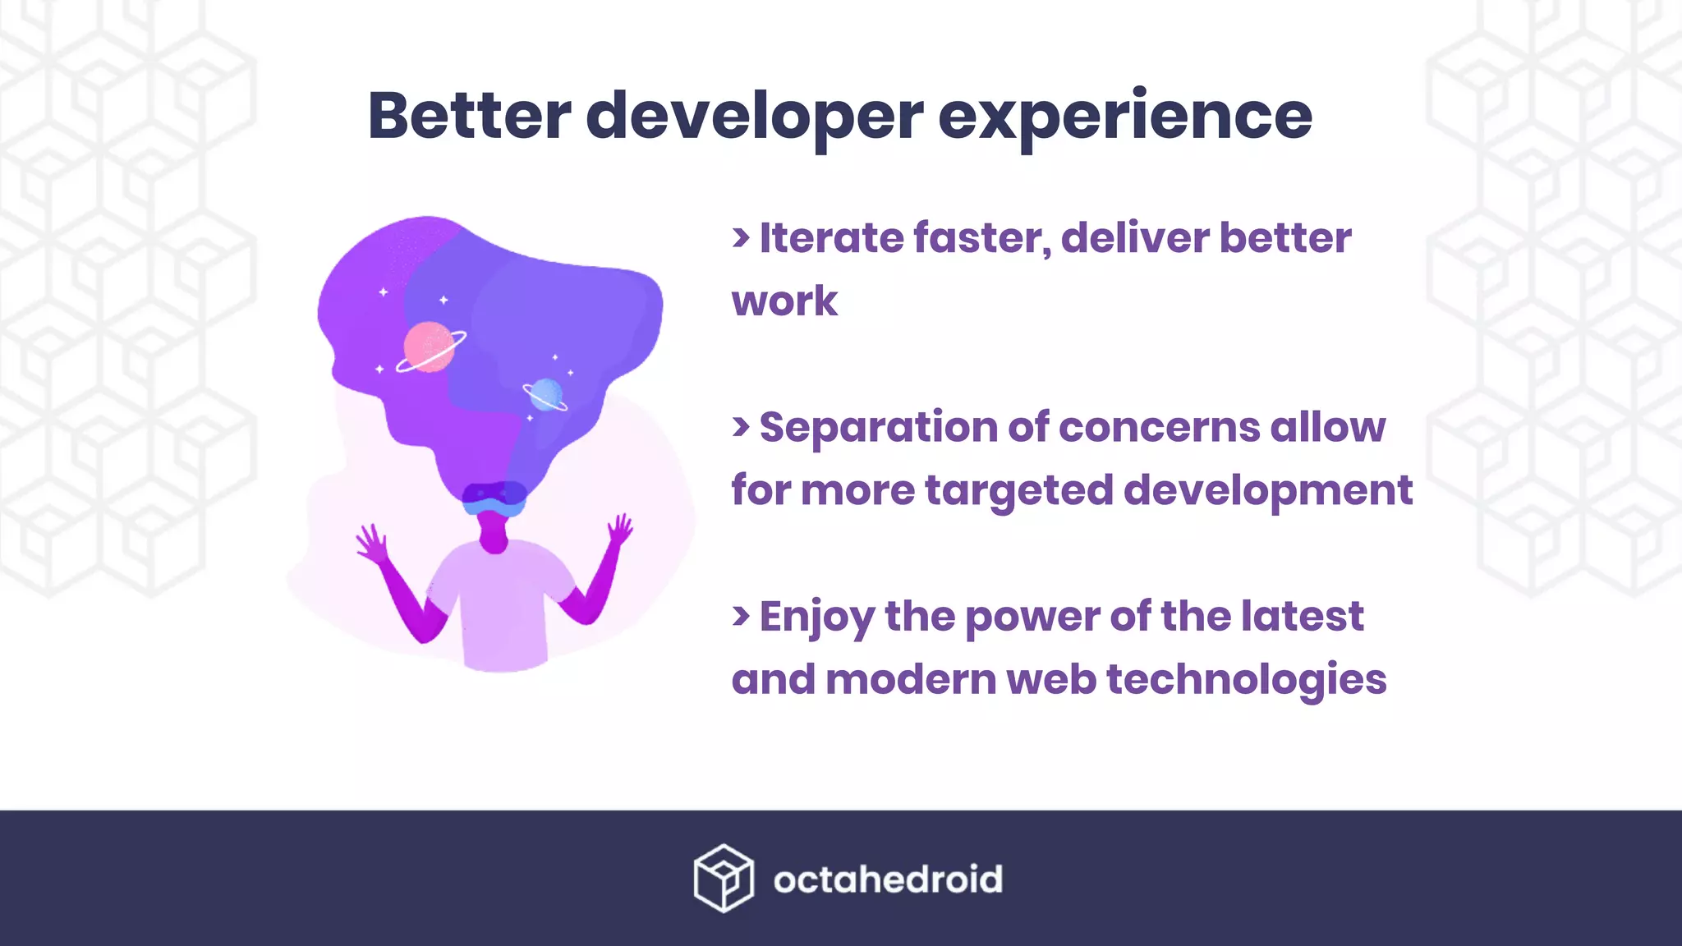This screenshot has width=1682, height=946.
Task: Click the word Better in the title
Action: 469,116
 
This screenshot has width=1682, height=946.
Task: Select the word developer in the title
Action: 754,117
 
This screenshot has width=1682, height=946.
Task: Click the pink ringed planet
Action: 430,347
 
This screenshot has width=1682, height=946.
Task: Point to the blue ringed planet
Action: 545,394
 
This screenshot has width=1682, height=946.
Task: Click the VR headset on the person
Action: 494,498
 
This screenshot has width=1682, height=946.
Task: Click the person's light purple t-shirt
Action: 501,608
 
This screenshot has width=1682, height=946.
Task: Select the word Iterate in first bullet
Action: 831,238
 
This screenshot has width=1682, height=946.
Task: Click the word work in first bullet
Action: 784,301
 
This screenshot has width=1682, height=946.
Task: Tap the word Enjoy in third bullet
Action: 816,618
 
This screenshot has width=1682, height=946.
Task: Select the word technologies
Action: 1246,680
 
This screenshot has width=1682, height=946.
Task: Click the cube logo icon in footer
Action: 723,878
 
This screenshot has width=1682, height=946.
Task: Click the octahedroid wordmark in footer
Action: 888,879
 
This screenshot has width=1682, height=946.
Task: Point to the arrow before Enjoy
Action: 741,616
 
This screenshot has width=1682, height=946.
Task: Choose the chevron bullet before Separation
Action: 741,426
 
